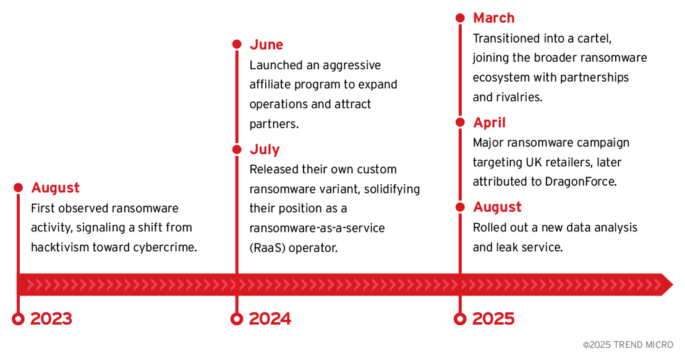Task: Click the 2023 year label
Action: pyautogui.click(x=51, y=319)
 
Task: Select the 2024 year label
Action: pyautogui.click(x=270, y=319)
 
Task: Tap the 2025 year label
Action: pyautogui.click(x=493, y=319)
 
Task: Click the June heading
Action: pyautogui.click(x=266, y=45)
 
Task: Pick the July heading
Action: pyautogui.click(x=265, y=150)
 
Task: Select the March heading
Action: pyautogui.click(x=493, y=18)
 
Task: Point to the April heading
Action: pyautogui.click(x=489, y=122)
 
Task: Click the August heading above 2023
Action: pyautogui.click(x=56, y=188)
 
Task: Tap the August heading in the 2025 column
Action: pyautogui.click(x=497, y=207)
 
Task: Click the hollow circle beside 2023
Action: pyautogui.click(x=18, y=319)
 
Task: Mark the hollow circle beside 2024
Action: pyautogui.click(x=236, y=319)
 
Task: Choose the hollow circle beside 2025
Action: pyautogui.click(x=460, y=319)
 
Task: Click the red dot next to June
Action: pyautogui.click(x=237, y=44)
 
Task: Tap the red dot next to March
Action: pyautogui.click(x=460, y=18)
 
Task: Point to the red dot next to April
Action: pyautogui.click(x=460, y=122)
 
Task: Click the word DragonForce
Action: pyautogui.click(x=579, y=182)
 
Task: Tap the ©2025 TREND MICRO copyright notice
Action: pyautogui.click(x=628, y=345)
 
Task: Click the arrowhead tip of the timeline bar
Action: pyautogui.click(x=673, y=285)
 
